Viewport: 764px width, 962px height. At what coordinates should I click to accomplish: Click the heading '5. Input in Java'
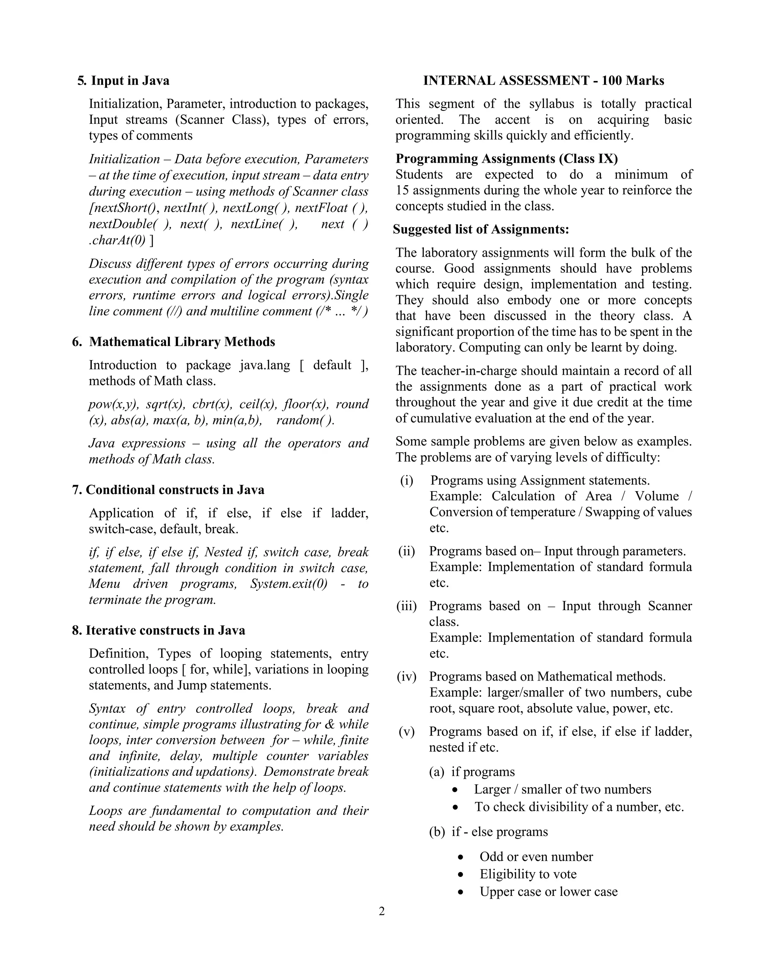coord(123,81)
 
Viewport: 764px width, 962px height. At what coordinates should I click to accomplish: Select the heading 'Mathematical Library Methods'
coord(182,342)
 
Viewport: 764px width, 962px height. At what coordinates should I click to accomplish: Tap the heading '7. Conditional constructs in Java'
coord(168,490)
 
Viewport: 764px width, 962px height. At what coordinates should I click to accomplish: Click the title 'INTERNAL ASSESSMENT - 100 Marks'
coord(543,81)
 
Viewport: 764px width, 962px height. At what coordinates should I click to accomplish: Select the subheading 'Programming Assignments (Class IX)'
coord(507,159)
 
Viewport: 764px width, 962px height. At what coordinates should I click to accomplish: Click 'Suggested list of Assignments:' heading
coord(481,229)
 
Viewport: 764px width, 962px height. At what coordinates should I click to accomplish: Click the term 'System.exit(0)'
coord(289,584)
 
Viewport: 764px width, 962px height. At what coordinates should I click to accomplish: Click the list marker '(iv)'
coord(406,677)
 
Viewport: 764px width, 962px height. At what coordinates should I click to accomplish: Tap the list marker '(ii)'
coord(406,552)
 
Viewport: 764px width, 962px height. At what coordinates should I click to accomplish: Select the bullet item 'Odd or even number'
coord(536,857)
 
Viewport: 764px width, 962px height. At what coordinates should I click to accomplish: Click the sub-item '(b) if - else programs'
coord(488,832)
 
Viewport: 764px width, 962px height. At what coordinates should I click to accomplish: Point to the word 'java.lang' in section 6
coord(264,365)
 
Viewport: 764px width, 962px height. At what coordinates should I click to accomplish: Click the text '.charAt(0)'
coord(117,240)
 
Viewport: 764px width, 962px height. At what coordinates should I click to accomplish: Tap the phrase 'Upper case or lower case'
coord(549,891)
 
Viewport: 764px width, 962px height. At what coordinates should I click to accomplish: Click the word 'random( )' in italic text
coord(305,420)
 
